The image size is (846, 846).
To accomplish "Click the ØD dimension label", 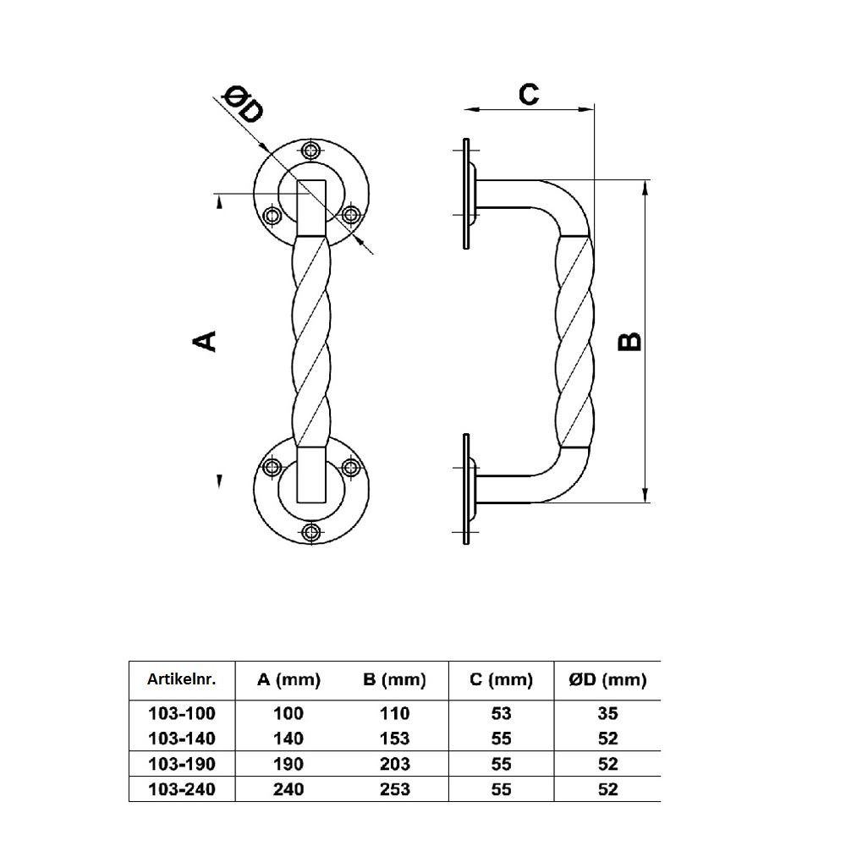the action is pyautogui.click(x=244, y=104).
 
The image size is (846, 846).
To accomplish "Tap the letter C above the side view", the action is pyautogui.click(x=529, y=94).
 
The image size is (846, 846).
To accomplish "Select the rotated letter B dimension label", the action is pyautogui.click(x=629, y=342).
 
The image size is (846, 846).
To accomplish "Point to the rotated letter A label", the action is pyautogui.click(x=204, y=341).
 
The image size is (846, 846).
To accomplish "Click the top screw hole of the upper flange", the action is pyautogui.click(x=311, y=151).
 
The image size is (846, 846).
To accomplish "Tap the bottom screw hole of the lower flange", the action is pyautogui.click(x=311, y=532).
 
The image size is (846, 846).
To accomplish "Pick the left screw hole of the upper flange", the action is pyautogui.click(x=272, y=216).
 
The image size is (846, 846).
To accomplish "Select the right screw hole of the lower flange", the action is pyautogui.click(x=351, y=467).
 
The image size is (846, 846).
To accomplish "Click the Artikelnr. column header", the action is pyautogui.click(x=181, y=679).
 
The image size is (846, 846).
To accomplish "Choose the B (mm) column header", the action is pyautogui.click(x=394, y=680).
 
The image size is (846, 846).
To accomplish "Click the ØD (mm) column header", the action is pyautogui.click(x=607, y=680).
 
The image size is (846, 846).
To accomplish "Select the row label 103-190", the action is pyautogui.click(x=182, y=764).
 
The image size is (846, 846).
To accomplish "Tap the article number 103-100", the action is pyautogui.click(x=182, y=713).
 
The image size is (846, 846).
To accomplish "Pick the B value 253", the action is pyautogui.click(x=395, y=789).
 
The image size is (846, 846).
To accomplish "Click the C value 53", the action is pyautogui.click(x=501, y=713).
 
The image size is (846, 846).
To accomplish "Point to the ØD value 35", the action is pyautogui.click(x=607, y=713).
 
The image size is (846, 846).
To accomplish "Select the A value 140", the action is pyautogui.click(x=288, y=739).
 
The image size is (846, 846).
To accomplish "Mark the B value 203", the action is pyautogui.click(x=395, y=764).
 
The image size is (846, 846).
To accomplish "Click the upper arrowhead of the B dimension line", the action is pyautogui.click(x=645, y=187).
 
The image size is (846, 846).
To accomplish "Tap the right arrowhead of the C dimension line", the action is pyautogui.click(x=586, y=109).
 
